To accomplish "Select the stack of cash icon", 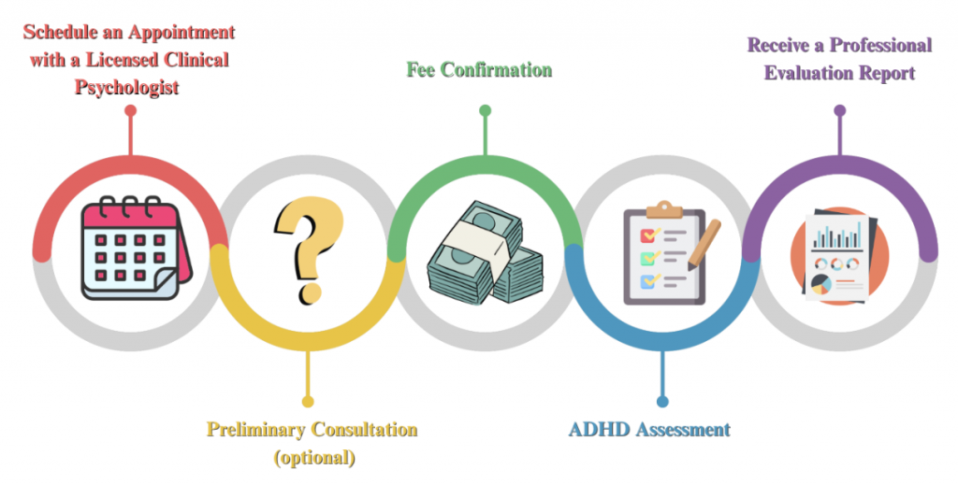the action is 486,252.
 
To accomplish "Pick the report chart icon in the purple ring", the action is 839,254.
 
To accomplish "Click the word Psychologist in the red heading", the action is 127,87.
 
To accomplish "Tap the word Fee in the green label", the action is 421,69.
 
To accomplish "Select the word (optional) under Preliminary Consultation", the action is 314,457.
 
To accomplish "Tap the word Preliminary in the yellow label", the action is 256,430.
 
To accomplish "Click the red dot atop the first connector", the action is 130,110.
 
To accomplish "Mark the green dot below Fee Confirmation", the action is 486,110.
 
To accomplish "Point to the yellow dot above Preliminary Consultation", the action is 308,402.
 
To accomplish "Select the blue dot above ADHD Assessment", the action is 662,402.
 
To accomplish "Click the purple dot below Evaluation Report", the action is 840,110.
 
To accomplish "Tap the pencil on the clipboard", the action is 704,244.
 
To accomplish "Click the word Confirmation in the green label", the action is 497,69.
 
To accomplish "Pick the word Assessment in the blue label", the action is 683,429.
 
